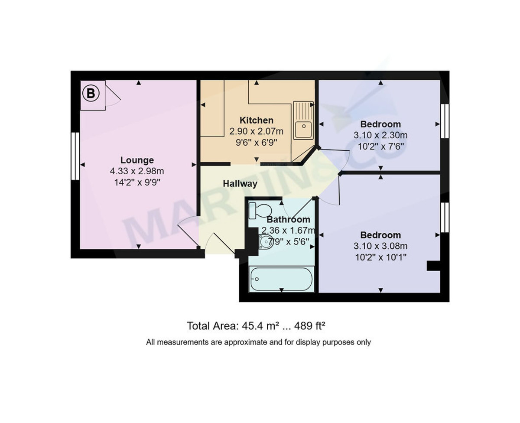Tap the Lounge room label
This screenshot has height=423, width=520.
tap(137, 160)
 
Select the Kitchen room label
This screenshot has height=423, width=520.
tap(257, 120)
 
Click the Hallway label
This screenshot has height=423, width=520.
tap(240, 184)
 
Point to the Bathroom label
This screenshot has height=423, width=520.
tap(288, 220)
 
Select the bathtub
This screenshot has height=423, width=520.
tap(281, 280)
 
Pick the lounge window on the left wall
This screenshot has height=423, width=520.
tap(75, 156)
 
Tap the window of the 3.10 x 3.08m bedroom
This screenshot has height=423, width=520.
tap(445, 217)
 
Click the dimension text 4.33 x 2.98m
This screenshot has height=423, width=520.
tap(137, 171)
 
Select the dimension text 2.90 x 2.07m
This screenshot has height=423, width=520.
tap(256, 131)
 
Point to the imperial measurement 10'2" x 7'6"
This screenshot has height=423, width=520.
tap(380, 146)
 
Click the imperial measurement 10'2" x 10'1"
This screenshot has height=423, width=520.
tap(380, 257)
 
